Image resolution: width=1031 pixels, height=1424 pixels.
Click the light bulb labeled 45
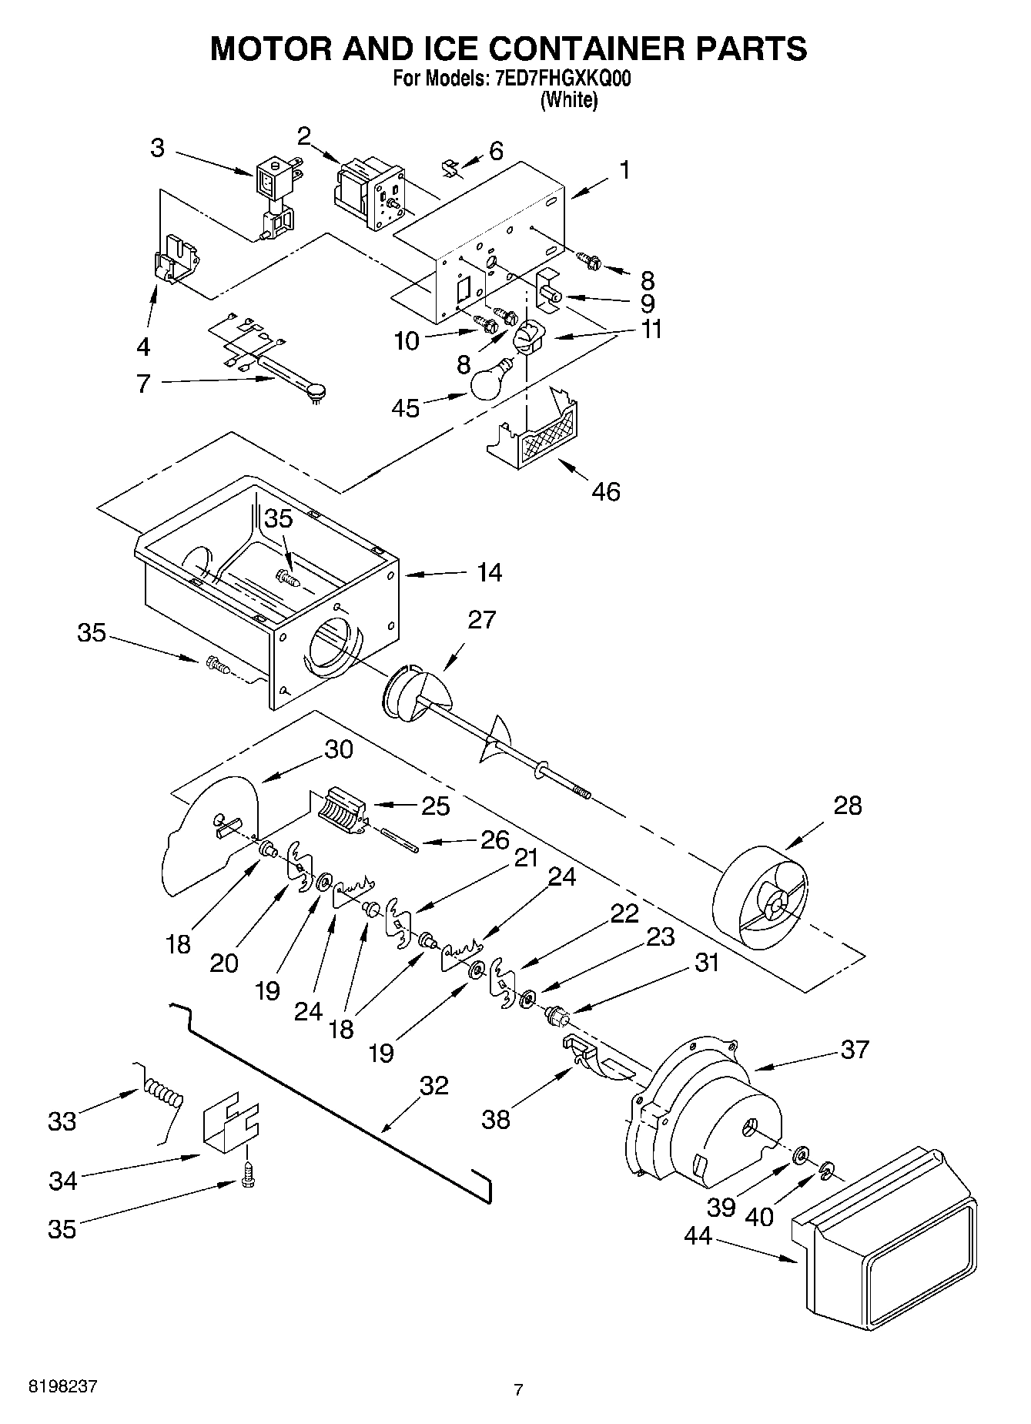click(491, 381)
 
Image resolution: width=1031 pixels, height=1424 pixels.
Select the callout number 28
click(848, 806)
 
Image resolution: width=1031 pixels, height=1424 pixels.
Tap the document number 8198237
click(63, 1386)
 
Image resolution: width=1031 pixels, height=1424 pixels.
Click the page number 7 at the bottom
click(518, 1390)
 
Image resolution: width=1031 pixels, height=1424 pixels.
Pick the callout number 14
click(488, 572)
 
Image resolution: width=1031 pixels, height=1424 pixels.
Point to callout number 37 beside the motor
click(855, 1049)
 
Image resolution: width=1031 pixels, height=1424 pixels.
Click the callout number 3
click(157, 147)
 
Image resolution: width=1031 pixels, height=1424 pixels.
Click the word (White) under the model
click(569, 100)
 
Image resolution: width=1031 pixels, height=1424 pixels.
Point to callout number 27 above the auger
click(482, 619)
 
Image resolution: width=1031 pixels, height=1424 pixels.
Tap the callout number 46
click(606, 491)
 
